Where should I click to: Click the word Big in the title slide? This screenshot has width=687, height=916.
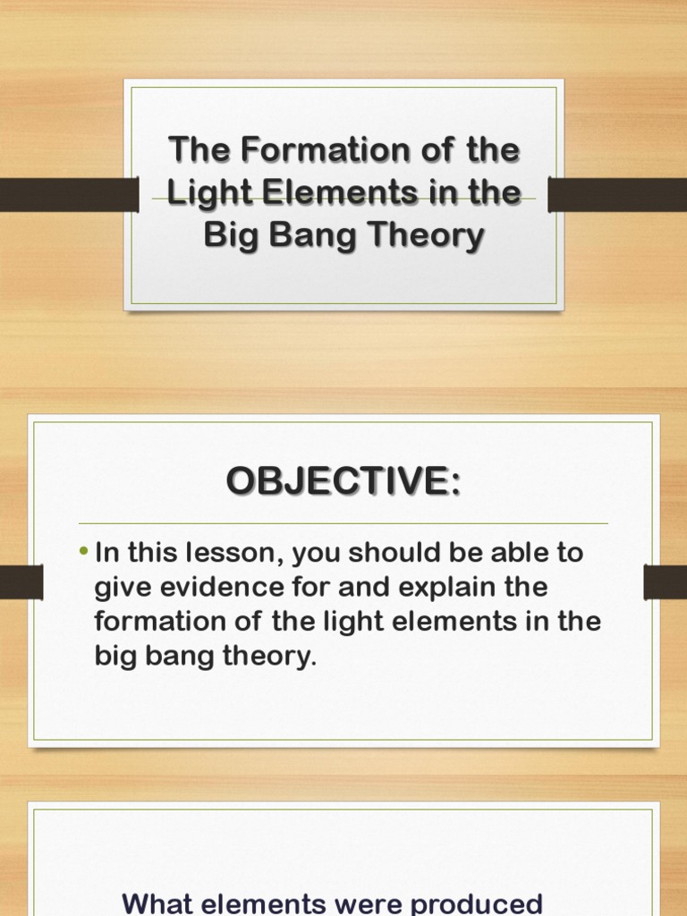228,236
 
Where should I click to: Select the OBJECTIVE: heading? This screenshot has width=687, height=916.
343,481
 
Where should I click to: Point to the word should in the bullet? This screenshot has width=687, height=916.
390,554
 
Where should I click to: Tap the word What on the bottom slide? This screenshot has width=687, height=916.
162,903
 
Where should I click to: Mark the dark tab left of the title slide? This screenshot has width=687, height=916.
68,194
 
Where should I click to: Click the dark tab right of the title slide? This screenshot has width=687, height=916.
617,194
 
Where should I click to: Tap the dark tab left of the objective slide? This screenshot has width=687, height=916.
21,582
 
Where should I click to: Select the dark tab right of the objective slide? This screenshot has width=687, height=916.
666,582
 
